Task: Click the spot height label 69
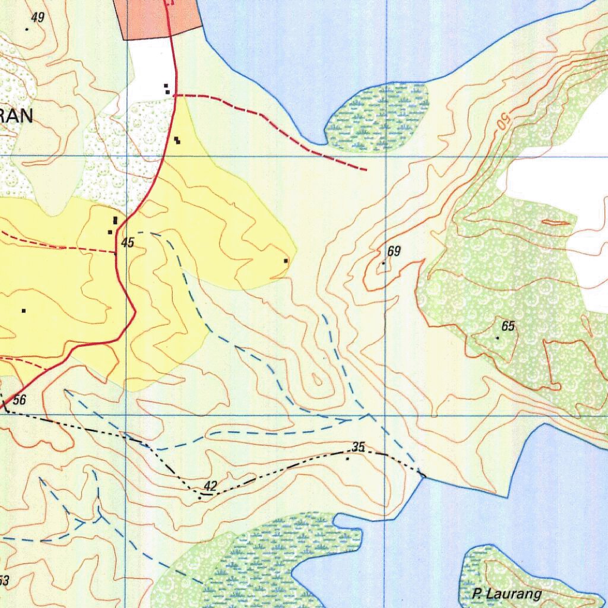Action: coord(394,252)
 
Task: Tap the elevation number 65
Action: coord(508,326)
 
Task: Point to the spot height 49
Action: coord(37,18)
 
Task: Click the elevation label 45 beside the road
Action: coord(128,243)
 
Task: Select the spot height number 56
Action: coord(19,400)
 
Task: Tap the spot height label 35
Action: coord(358,447)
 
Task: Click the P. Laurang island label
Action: coord(507,594)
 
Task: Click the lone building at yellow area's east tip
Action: coord(286,261)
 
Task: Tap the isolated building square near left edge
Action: coord(24,311)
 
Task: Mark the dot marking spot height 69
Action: coord(384,263)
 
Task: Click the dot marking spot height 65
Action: coord(498,338)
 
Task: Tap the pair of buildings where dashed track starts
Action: coord(167,89)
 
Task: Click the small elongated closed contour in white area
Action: coord(555,223)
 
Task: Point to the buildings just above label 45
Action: coord(113,224)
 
